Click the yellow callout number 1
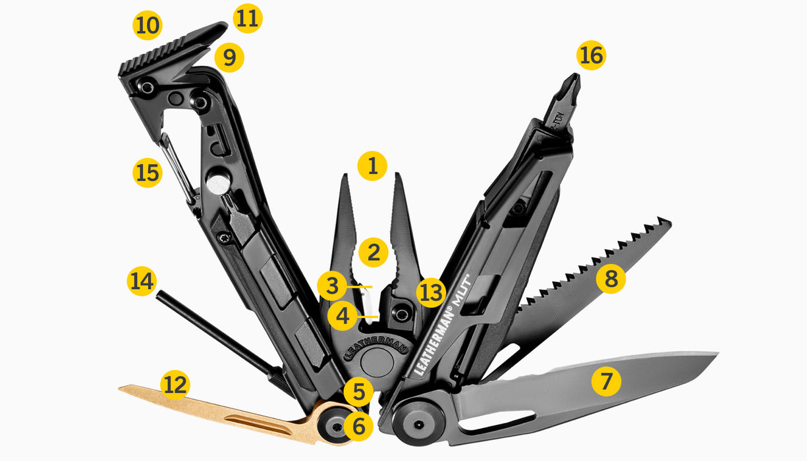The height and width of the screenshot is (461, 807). (x=372, y=167)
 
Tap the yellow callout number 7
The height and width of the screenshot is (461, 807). (x=606, y=381)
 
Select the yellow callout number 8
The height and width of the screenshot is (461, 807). (x=611, y=279)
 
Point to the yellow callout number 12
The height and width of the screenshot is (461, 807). (x=175, y=385)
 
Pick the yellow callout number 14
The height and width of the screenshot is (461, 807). (x=142, y=282)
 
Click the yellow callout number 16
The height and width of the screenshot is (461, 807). (x=591, y=56)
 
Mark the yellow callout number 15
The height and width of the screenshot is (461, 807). (x=147, y=173)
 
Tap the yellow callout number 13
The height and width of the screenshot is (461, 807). (x=431, y=293)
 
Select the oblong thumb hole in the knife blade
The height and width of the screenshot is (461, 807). (x=497, y=421)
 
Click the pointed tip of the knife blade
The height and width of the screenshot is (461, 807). (x=716, y=356)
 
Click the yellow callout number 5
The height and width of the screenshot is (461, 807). (x=358, y=393)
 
